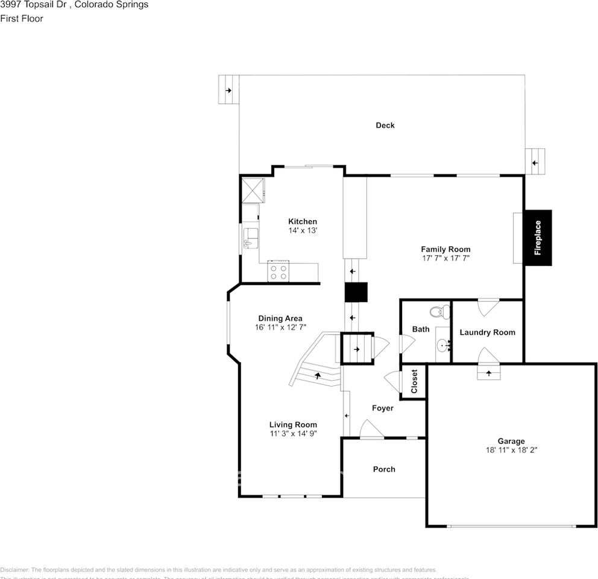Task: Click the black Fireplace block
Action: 538,238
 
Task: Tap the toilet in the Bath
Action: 439,312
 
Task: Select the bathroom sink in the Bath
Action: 443,346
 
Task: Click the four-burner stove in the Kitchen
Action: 278,271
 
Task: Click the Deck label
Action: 385,125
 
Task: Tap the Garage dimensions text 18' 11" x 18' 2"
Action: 511,450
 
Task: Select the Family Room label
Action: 445,249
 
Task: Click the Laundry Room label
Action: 487,332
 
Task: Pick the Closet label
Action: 415,382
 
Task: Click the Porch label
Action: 384,469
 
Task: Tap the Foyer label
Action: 382,408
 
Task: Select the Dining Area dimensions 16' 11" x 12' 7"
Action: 280,327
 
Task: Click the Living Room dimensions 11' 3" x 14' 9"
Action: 293,433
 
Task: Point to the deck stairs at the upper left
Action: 228,90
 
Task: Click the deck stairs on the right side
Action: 534,162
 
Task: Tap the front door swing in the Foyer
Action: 371,430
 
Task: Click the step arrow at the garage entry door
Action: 488,374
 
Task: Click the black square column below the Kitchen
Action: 356,292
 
